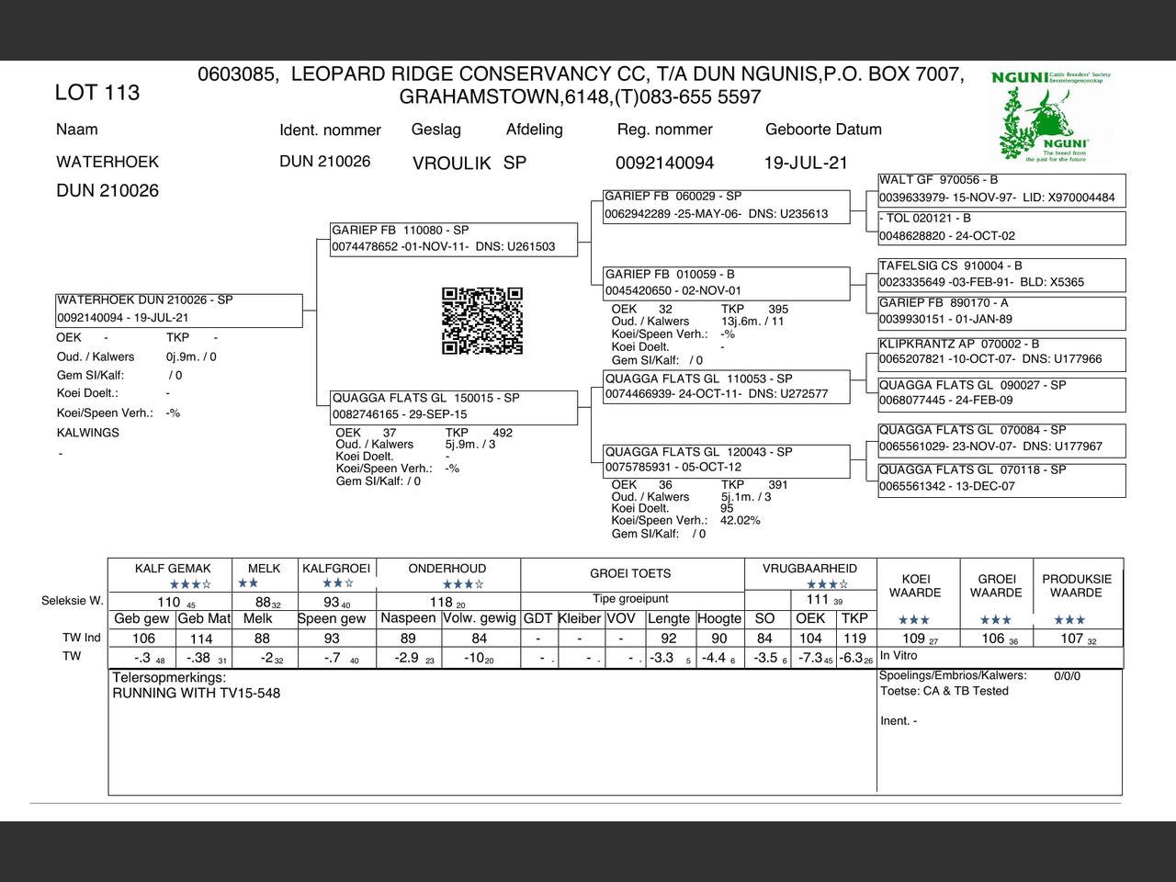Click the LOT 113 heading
96,93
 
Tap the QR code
482,321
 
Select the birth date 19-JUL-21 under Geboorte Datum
806,164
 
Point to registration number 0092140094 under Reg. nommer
664,164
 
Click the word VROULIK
451,164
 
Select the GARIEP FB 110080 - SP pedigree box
455,239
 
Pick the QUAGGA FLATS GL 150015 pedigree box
455,406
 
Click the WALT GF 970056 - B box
1001,189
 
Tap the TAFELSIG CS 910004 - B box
1001,274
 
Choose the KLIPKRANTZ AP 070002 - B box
1001,352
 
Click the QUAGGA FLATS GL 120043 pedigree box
726,459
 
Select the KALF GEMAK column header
173,569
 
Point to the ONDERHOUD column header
447,569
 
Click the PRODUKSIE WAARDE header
1077,586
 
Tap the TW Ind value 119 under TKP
854,639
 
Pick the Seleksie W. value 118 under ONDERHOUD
442,603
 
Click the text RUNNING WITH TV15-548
196,694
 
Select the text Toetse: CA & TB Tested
944,691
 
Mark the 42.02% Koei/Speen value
740,521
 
